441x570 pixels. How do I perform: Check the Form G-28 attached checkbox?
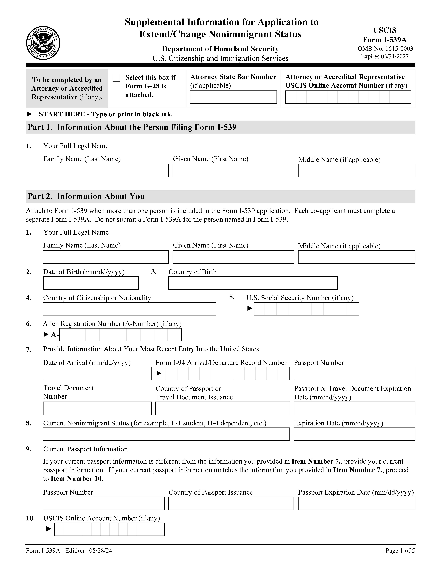coord(116,78)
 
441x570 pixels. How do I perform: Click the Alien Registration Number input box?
coord(120,335)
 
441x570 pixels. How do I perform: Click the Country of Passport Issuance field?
coord(231,503)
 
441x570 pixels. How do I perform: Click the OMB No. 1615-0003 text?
coord(385,49)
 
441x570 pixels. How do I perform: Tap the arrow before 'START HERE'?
coord(30,114)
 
